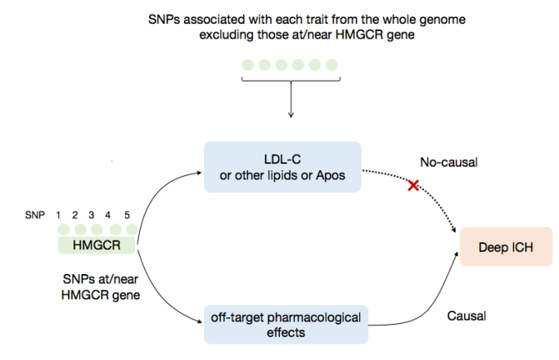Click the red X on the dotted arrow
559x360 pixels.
point(413,186)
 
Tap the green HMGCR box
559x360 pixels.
point(96,244)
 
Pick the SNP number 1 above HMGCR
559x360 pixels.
point(60,214)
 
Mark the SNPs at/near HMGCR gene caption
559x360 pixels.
point(94,287)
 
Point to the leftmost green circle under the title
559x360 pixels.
point(246,64)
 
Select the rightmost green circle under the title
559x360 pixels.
point(331,64)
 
